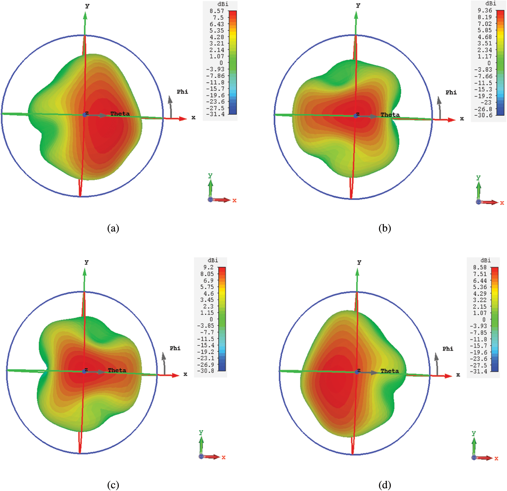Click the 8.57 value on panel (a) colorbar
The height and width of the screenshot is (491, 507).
217,11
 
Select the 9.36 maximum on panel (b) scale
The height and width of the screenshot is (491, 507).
485,11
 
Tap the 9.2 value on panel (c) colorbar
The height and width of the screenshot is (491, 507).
208,267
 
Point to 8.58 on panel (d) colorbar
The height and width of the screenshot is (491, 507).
480,267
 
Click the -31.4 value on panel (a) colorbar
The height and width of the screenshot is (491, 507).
215,114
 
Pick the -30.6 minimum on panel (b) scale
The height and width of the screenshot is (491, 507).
483,115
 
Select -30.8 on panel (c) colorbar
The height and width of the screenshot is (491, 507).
206,371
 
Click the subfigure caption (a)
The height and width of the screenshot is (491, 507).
113,228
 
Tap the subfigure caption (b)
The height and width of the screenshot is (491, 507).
385,228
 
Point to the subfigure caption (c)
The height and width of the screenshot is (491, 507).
113,485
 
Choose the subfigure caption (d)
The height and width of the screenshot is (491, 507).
385,485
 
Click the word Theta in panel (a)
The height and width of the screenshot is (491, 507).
120,114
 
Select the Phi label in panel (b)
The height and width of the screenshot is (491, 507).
451,92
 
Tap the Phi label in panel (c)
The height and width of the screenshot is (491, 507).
175,348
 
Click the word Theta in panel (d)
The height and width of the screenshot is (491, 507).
390,371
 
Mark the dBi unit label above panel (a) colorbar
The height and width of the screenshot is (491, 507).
223,4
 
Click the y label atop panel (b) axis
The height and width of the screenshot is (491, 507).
358,5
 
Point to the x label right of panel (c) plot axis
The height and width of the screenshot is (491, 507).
185,374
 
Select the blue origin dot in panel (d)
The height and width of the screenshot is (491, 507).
357,372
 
